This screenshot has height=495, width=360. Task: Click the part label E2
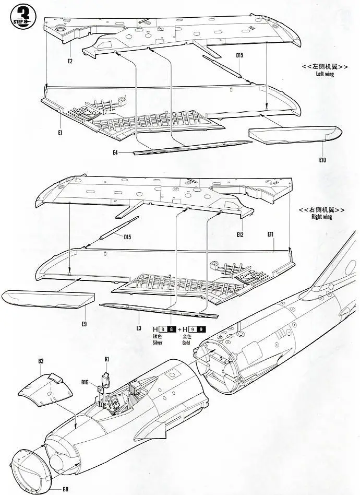pyautogui.click(x=70, y=62)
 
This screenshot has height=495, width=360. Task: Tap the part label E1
pyautogui.click(x=61, y=133)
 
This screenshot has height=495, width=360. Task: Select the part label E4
pyautogui.click(x=115, y=152)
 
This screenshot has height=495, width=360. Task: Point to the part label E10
pyautogui.click(x=321, y=160)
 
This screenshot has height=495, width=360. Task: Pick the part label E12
pyautogui.click(x=239, y=234)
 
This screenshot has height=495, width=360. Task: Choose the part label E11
pyautogui.click(x=271, y=234)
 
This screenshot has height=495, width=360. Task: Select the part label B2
pyautogui.click(x=41, y=361)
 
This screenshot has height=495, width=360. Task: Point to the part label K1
pyautogui.click(x=106, y=360)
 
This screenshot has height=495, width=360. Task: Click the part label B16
pyautogui.click(x=85, y=383)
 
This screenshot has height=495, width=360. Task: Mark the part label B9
pyautogui.click(x=65, y=489)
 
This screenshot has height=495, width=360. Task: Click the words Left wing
pyautogui.click(x=325, y=74)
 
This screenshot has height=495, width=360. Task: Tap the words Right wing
pyautogui.click(x=321, y=217)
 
